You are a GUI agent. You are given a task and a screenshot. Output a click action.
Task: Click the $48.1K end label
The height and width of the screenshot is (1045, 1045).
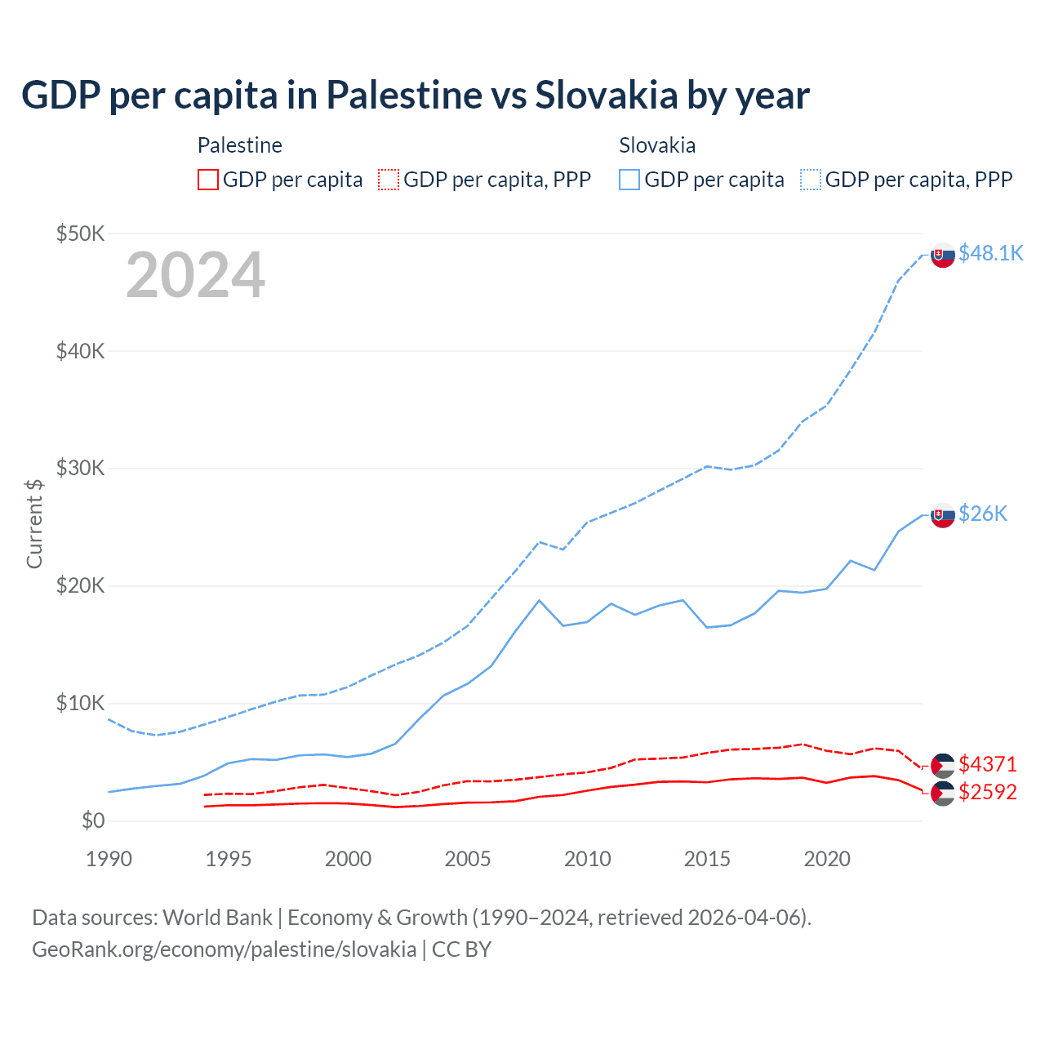click(x=990, y=253)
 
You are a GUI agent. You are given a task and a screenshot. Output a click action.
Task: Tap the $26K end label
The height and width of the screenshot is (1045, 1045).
click(x=983, y=514)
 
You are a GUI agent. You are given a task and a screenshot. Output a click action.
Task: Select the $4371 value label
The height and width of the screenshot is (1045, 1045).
click(x=988, y=764)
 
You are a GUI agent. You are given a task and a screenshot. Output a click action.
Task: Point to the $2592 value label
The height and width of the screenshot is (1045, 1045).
click(x=988, y=792)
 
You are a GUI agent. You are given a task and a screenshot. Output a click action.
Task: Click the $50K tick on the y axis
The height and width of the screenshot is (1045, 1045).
click(x=81, y=233)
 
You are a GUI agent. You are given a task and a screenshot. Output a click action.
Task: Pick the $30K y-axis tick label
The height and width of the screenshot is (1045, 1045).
click(x=81, y=468)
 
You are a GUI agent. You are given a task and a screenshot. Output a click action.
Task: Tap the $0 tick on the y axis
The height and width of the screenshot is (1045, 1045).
click(x=93, y=820)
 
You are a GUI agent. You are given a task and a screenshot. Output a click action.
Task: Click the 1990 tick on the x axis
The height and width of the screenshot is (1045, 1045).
click(x=109, y=859)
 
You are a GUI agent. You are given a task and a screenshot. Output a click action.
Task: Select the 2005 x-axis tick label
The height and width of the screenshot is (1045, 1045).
click(x=468, y=859)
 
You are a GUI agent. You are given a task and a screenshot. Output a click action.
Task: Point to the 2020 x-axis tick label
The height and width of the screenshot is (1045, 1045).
click(x=827, y=859)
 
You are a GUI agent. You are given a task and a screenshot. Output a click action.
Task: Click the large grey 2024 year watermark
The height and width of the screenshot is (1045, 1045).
click(x=195, y=275)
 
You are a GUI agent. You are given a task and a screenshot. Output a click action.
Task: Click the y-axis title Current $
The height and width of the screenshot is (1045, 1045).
click(x=34, y=523)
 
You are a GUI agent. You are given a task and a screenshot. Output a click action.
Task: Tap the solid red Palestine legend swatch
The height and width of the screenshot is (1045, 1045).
click(x=208, y=180)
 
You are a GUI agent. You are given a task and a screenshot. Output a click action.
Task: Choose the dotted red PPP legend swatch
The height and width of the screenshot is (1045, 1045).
click(x=389, y=180)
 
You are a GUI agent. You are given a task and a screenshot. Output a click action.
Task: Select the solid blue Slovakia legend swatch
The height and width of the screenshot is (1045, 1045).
click(x=629, y=180)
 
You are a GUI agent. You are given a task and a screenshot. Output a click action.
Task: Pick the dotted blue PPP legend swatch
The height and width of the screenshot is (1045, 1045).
click(x=811, y=180)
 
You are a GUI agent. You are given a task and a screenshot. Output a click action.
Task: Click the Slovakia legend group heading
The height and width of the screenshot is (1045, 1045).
click(x=657, y=145)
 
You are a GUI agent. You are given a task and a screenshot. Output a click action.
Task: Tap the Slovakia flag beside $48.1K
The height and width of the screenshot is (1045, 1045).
click(x=943, y=256)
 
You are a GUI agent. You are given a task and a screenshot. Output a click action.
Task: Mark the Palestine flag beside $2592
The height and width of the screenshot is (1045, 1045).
click(x=943, y=793)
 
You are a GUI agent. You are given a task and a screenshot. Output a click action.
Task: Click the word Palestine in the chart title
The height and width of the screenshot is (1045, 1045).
click(x=404, y=95)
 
